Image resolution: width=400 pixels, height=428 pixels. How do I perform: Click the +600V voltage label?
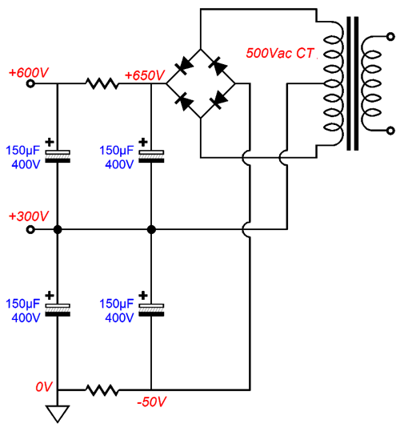29,73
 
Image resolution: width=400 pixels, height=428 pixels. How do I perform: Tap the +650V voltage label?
145,75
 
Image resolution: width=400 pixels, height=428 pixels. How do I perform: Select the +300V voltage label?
29,216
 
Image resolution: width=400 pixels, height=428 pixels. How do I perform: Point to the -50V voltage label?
151,402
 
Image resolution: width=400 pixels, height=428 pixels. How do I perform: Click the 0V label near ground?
43,387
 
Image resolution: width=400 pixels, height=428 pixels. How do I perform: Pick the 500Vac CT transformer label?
280,53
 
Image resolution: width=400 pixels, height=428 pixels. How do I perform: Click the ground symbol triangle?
58,414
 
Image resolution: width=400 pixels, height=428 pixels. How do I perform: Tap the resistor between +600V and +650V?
102,83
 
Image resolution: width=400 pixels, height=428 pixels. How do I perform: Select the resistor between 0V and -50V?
102,390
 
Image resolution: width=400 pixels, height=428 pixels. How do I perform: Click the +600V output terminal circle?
30,83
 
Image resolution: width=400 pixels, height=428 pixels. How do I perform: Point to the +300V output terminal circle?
30,229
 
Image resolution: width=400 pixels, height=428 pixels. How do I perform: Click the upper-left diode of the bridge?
184,66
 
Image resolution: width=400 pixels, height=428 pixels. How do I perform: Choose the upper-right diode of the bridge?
218,66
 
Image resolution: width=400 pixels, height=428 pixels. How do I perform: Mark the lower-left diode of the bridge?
184,101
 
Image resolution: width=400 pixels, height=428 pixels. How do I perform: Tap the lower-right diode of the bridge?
218,100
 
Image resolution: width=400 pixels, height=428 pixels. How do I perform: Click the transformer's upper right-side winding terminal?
390,37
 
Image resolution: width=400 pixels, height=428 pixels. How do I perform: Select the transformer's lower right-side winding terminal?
390,131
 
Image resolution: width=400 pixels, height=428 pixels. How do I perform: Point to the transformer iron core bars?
352,83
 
